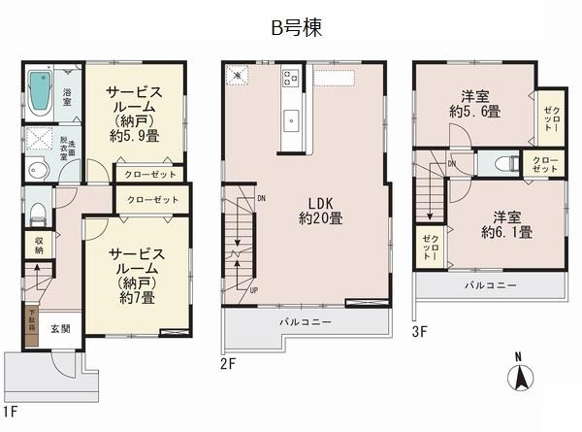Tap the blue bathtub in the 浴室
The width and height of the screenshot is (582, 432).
coord(42,92)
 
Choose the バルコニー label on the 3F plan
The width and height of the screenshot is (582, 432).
coord(488,285)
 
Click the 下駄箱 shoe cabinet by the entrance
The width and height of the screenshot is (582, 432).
coord(31,321)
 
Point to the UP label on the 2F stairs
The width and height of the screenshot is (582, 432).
coord(254,289)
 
